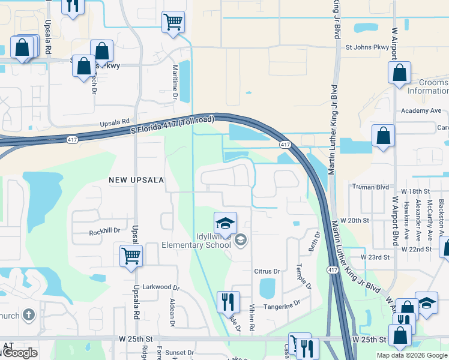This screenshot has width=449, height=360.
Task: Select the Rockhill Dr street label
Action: [104, 231]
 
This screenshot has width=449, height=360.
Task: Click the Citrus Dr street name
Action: [267, 271]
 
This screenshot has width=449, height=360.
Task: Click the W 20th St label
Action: [354, 221]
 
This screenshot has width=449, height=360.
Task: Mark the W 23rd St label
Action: [375, 257]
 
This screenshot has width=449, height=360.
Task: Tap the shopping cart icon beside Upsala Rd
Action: [131, 256]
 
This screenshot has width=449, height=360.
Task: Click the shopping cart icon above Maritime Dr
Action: [173, 22]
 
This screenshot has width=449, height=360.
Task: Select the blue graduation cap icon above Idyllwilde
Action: [226, 223]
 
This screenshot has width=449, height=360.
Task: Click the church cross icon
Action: [28, 314]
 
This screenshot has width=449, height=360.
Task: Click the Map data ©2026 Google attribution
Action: [412, 355]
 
